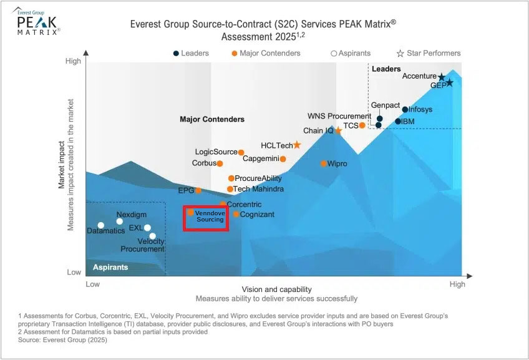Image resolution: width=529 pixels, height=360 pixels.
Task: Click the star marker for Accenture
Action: pyautogui.click(x=442, y=77)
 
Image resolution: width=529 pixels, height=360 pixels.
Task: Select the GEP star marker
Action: pyautogui.click(x=449, y=83)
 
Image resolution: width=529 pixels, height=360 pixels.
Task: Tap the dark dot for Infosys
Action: pyautogui.click(x=405, y=110)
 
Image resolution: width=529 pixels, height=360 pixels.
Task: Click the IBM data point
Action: pyautogui.click(x=398, y=121)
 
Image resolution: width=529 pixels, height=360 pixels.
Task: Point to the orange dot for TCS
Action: pyautogui.click(x=362, y=125)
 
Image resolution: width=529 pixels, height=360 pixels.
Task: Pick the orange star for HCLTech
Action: pyautogui.click(x=297, y=145)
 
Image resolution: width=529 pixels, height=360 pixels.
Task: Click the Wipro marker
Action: pyautogui.click(x=324, y=163)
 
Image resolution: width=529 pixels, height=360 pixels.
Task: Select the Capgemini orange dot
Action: pyautogui.click(x=283, y=158)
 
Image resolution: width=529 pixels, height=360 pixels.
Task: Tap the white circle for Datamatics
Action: pyautogui.click(x=101, y=225)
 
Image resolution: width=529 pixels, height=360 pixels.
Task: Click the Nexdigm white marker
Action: pyautogui.click(x=120, y=221)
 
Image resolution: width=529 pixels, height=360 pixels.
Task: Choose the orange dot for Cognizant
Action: pyautogui.click(x=236, y=215)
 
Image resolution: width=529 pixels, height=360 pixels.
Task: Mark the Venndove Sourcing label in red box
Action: pyautogui.click(x=210, y=216)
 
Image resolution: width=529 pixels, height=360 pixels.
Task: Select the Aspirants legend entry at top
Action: pyautogui.click(x=351, y=53)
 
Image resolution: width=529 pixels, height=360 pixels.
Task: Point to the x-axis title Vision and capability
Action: pyautogui.click(x=276, y=289)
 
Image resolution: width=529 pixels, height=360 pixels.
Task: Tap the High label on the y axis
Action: pyautogui.click(x=73, y=61)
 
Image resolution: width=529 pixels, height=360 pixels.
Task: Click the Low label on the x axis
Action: pyautogui.click(x=92, y=285)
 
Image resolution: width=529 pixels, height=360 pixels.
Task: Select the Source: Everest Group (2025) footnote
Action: pyautogui.click(x=63, y=340)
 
